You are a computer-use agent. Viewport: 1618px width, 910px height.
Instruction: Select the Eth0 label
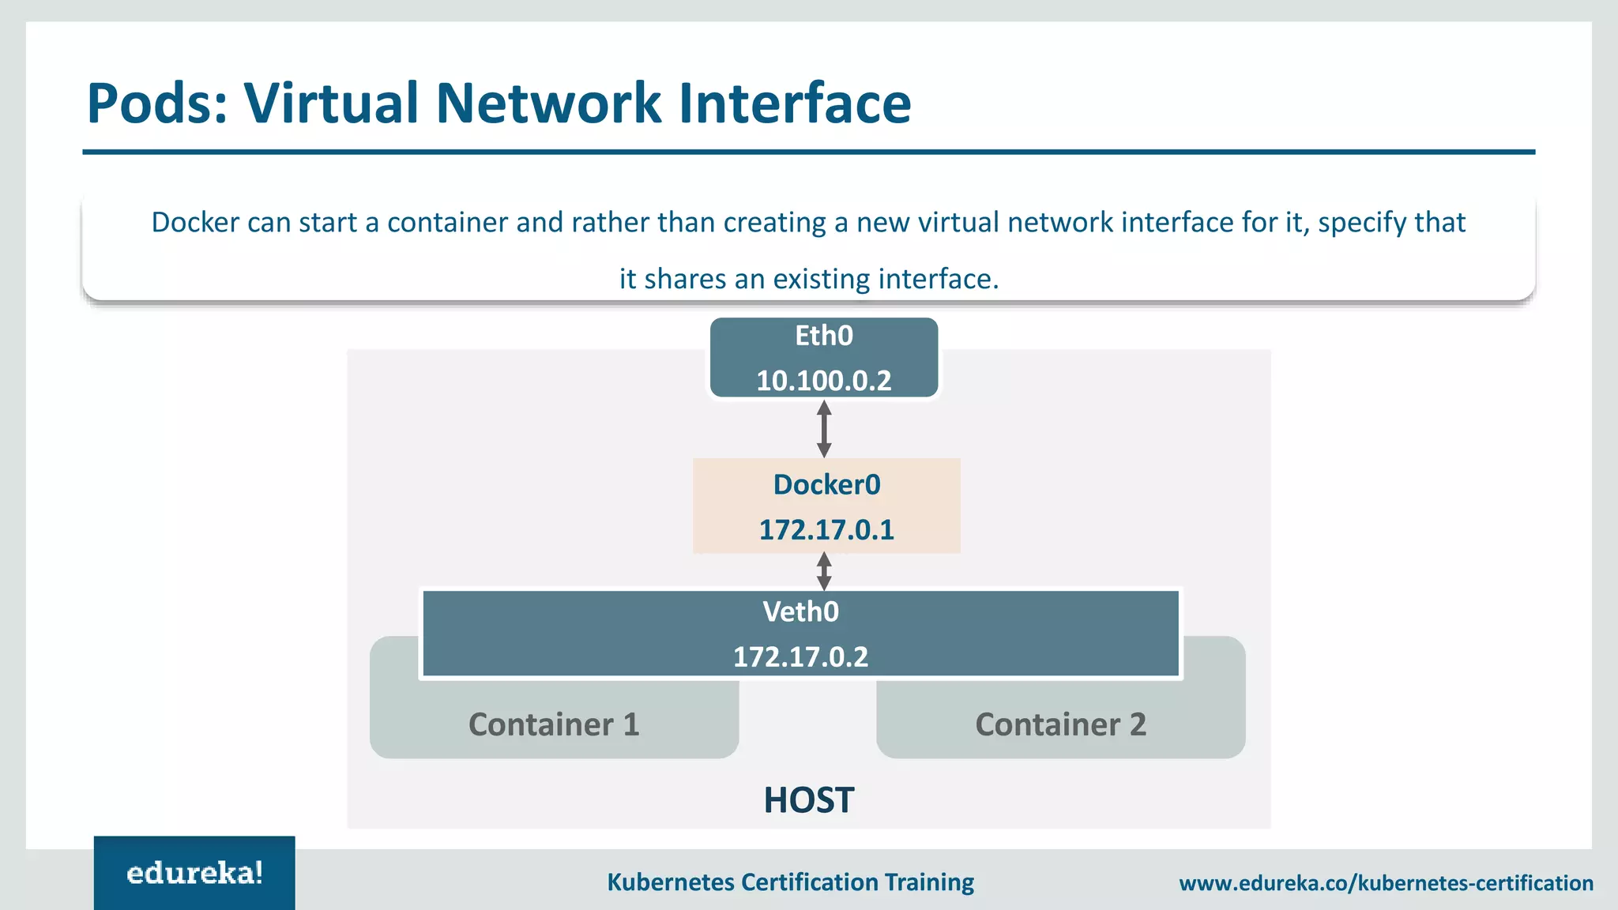(823, 336)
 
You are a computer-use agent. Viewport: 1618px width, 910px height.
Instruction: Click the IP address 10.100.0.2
(823, 381)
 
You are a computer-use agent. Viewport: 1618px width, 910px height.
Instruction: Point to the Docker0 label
(826, 484)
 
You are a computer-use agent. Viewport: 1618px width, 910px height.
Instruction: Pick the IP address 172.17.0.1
(826, 529)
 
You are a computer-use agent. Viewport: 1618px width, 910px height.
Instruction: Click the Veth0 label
(800, 611)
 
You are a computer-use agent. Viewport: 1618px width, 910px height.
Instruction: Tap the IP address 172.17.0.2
(800, 656)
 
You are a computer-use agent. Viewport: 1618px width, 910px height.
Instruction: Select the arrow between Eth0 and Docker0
(824, 429)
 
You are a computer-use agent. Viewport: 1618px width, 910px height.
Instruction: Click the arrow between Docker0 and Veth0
(824, 571)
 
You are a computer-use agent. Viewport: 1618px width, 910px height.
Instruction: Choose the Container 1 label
(554, 724)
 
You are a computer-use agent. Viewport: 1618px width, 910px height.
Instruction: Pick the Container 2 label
(1060, 724)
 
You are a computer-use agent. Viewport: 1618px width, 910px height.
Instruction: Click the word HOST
(808, 800)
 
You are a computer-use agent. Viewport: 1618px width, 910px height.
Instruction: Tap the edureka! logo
(194, 873)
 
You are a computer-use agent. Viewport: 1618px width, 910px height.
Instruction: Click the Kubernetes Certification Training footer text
(790, 882)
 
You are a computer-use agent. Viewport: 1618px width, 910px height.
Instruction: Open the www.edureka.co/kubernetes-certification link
(1386, 882)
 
